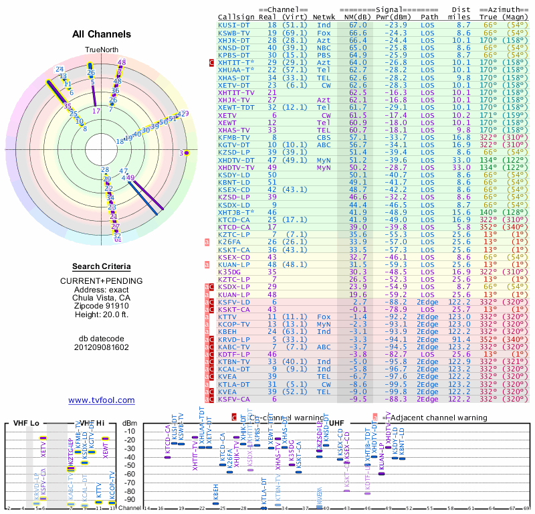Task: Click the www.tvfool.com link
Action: coord(102,400)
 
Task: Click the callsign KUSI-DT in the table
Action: coord(235,25)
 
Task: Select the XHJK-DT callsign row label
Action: coord(235,40)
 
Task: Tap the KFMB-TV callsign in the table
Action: coord(235,137)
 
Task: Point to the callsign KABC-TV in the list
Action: coord(235,347)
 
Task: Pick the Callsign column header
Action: coord(235,17)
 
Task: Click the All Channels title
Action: coord(102,34)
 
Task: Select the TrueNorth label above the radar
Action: coord(102,50)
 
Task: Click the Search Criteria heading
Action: coord(102,266)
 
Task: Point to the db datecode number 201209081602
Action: coord(102,347)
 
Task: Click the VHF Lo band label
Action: coord(27,423)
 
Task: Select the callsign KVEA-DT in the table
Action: coord(235,392)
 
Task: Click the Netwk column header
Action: coord(324,17)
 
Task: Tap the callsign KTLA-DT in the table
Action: coord(235,384)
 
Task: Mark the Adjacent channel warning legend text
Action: coord(437,418)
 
